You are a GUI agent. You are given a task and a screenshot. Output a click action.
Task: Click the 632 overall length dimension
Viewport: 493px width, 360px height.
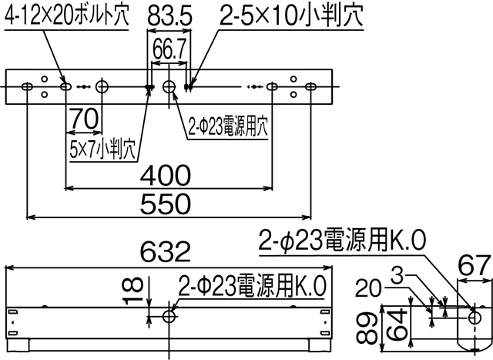pos(166,252)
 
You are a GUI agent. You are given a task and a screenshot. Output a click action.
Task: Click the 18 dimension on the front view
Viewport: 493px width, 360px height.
pos(136,288)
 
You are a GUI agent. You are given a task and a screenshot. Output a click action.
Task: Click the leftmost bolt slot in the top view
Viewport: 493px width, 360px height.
pos(29,86)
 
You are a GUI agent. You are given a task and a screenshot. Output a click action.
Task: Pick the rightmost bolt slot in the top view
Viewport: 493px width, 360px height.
pos(310,86)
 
